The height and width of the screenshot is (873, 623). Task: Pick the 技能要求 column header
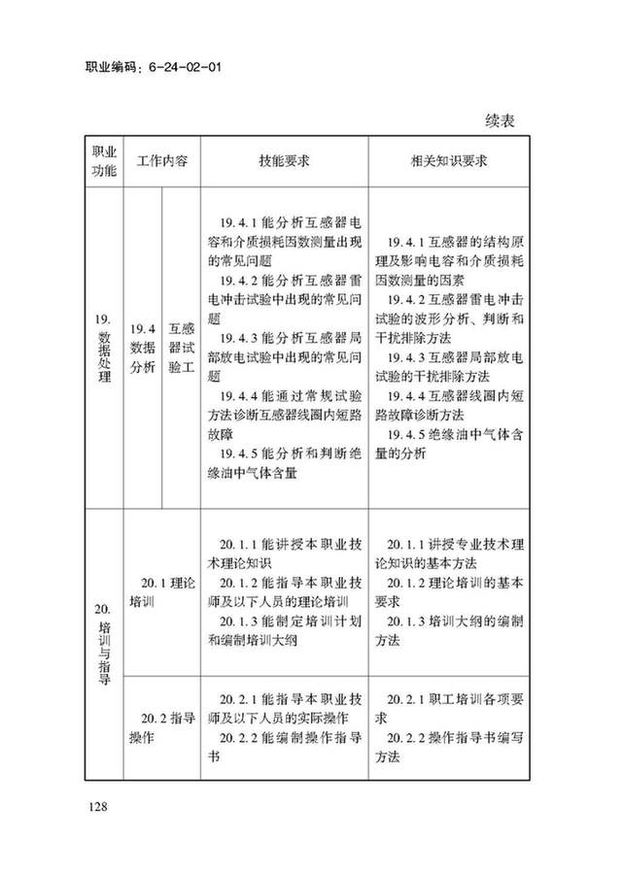(x=284, y=161)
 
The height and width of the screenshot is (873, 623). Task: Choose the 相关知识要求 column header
(x=448, y=161)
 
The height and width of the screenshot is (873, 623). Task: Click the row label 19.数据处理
(x=103, y=347)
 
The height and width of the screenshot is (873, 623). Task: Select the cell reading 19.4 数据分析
(x=142, y=347)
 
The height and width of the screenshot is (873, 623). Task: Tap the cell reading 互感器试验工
(x=181, y=347)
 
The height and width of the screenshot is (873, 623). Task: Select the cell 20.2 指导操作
(x=161, y=727)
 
